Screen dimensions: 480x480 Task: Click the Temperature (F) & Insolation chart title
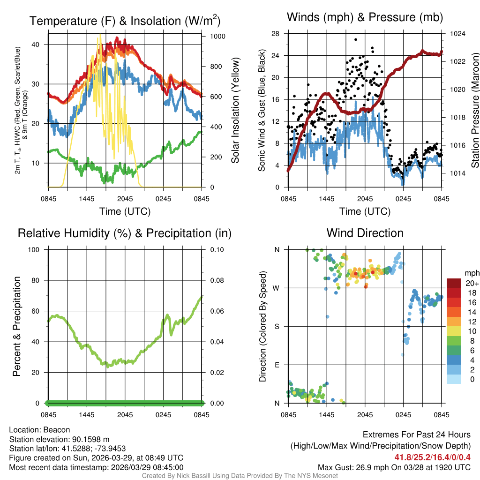125,21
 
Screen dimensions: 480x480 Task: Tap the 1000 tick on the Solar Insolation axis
214,37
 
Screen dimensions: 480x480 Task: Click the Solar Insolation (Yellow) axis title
235,111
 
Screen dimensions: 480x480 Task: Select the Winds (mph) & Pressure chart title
365,18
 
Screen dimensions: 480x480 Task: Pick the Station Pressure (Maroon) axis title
475,111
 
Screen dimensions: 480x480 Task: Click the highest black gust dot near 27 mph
356,40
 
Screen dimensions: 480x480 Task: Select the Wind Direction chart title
365,233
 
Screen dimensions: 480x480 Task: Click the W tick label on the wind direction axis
277,288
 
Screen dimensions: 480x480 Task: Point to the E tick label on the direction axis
277,365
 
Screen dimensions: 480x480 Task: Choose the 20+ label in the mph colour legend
472,283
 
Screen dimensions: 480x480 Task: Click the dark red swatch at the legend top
453,283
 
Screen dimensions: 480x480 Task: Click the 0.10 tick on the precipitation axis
216,249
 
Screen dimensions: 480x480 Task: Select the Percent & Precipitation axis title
17,326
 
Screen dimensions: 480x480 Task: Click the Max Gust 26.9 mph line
394,467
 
